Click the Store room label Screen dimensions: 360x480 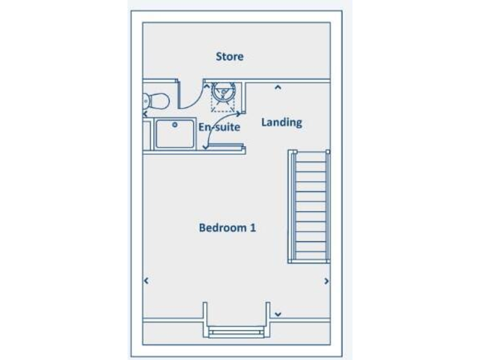(x=229, y=57)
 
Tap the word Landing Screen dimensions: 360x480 (x=281, y=122)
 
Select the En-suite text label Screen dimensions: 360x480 (x=220, y=126)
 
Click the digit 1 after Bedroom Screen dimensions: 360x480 (x=252, y=227)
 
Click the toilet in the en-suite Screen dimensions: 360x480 (x=156, y=99)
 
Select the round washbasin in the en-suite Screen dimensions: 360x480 (x=222, y=93)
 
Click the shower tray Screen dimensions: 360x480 (x=174, y=134)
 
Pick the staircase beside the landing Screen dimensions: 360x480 (x=308, y=206)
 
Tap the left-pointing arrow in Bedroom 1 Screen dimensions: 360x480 (x=146, y=282)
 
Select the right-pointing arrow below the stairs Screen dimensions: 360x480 (x=326, y=282)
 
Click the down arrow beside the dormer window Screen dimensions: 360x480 (x=278, y=313)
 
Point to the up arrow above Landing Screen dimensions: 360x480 (x=278, y=87)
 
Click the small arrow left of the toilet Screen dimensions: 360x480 (x=145, y=114)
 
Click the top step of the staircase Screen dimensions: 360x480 (x=308, y=156)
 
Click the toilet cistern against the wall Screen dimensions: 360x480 (x=146, y=99)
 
